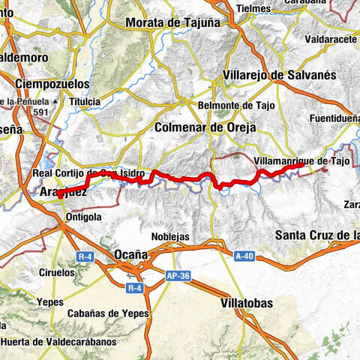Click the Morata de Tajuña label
pos(172,22)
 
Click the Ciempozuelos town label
pos(50,83)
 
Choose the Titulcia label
pos(84,101)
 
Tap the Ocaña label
pos(130,255)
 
